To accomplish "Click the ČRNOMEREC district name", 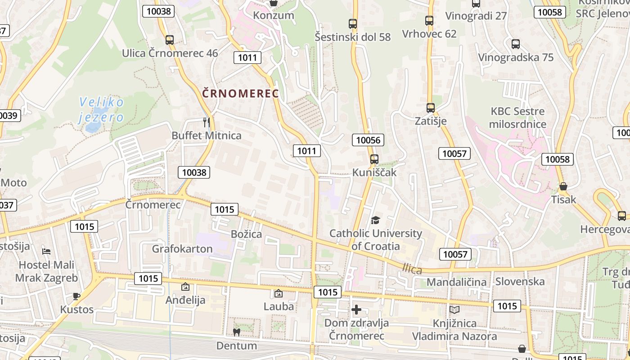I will coord(240,94).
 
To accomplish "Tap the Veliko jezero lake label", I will coord(101,110).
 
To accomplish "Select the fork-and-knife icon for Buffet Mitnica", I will coord(207,122).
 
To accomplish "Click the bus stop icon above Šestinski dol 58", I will coord(353,24).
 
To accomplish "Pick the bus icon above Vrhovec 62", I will coord(429,21).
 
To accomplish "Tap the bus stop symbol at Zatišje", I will coord(431,108).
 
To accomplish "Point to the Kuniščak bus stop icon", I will coord(374,159).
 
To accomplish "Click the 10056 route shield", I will coord(368,140).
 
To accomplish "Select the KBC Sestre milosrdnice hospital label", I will coord(517,117).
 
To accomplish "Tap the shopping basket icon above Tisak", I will coord(563,186).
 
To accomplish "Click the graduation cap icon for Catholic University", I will coord(375,220).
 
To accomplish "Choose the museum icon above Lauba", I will coord(279,293).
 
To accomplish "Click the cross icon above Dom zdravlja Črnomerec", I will coord(356,310).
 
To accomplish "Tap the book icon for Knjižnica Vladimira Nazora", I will coord(454,310).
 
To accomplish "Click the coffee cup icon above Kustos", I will coord(76,296).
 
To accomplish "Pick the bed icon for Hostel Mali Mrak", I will coord(46,251).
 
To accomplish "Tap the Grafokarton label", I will coord(182,249).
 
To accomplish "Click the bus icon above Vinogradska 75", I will coord(516,44).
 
